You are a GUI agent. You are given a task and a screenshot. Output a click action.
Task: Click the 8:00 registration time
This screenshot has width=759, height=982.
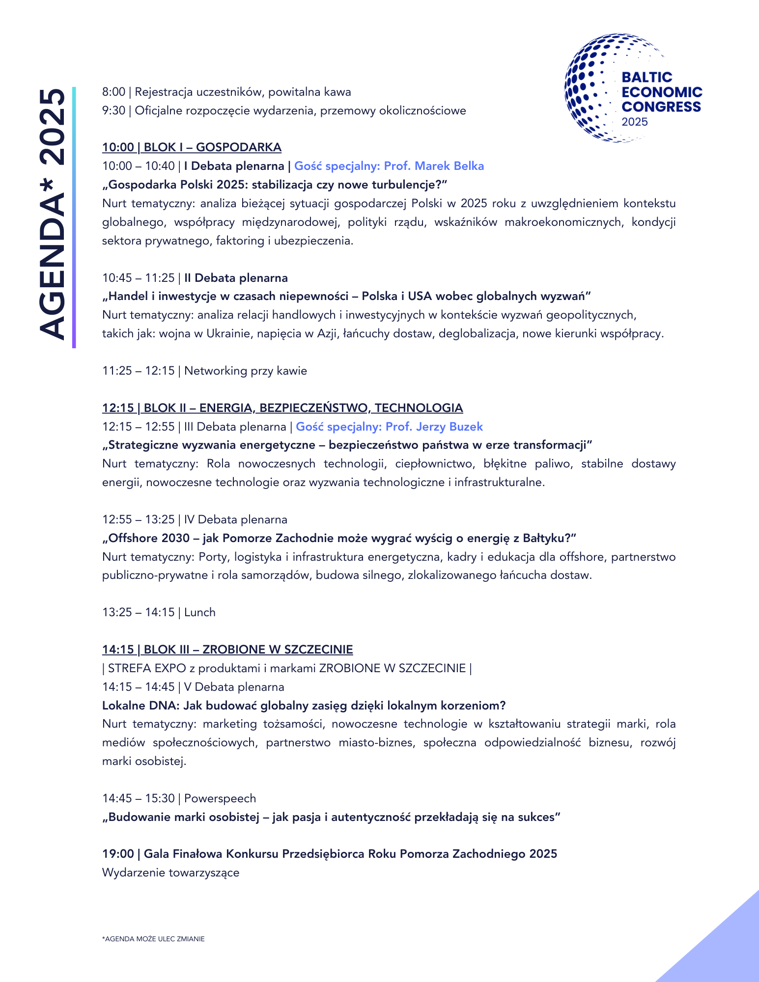113,92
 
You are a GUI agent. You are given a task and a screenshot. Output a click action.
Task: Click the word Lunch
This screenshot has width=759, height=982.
199,612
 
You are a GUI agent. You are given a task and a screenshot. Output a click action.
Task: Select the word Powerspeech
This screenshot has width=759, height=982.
220,798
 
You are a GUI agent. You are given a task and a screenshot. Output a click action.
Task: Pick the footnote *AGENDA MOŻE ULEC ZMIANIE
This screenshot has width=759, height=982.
153,939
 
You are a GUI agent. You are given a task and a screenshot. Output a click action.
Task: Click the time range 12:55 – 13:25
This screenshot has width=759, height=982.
138,519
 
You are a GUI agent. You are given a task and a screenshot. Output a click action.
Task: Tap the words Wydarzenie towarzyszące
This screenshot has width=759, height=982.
170,873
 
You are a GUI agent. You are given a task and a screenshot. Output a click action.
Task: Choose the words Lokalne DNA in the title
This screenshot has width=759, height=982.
140,706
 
